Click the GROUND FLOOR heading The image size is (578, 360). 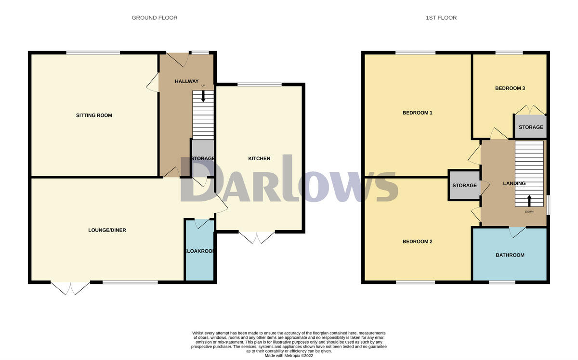(x=155, y=18)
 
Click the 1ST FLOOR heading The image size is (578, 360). (x=441, y=18)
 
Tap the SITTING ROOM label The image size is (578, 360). (x=94, y=116)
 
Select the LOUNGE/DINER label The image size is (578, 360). (x=107, y=230)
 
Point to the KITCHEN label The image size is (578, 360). (x=259, y=159)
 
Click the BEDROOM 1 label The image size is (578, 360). (x=417, y=113)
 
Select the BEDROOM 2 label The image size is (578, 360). (x=417, y=242)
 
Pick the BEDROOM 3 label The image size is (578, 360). (x=510, y=89)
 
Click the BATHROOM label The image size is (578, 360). (x=510, y=255)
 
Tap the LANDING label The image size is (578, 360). (x=514, y=183)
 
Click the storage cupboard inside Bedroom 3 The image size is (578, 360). (x=530, y=127)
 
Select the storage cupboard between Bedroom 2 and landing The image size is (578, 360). (x=464, y=185)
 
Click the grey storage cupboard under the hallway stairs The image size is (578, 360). (x=203, y=158)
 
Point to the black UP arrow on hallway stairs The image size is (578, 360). (x=203, y=96)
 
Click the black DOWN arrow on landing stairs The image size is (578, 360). (x=529, y=200)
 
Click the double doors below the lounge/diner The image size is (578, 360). (x=71, y=288)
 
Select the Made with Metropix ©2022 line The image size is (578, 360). (x=289, y=356)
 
